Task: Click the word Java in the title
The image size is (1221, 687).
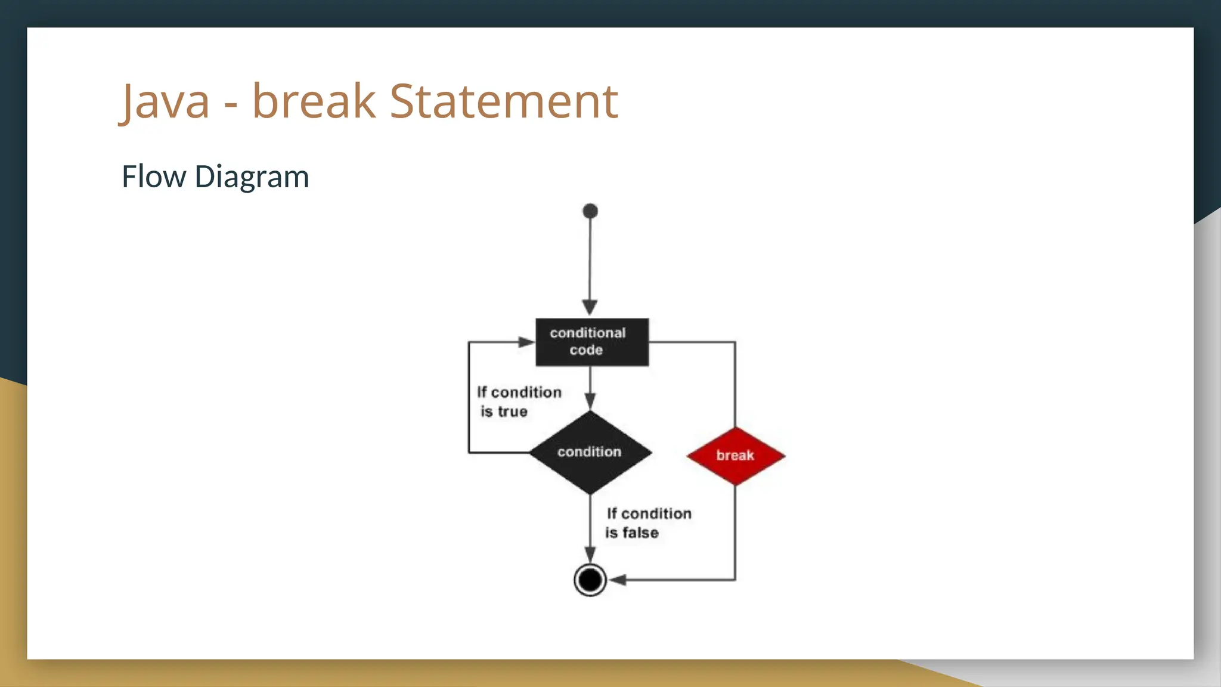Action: pyautogui.click(x=165, y=102)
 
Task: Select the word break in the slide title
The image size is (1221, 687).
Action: pyautogui.click(x=314, y=101)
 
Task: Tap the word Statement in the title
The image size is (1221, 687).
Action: pyautogui.click(x=504, y=101)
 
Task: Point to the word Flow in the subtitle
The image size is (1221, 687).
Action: pyautogui.click(x=154, y=177)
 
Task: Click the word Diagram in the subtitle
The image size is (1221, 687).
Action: pyautogui.click(x=252, y=178)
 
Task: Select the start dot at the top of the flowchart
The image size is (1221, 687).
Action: pyautogui.click(x=590, y=211)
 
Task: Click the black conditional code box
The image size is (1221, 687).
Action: pyautogui.click(x=592, y=342)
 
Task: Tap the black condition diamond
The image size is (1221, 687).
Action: pyautogui.click(x=590, y=452)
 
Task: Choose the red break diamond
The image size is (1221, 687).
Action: pyautogui.click(x=735, y=456)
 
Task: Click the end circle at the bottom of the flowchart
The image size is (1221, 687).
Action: pyautogui.click(x=590, y=580)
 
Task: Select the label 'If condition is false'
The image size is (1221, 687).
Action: pyautogui.click(x=649, y=523)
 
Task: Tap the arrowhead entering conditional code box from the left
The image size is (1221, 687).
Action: pyautogui.click(x=526, y=342)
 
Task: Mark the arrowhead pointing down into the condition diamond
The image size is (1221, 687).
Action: pyautogui.click(x=590, y=401)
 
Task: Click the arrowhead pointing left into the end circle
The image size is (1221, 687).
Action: pyautogui.click(x=618, y=580)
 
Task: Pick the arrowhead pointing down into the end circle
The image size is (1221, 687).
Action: pyautogui.click(x=590, y=555)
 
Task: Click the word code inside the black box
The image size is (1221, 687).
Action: pyautogui.click(x=586, y=350)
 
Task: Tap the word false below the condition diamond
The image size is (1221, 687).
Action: pyautogui.click(x=640, y=533)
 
